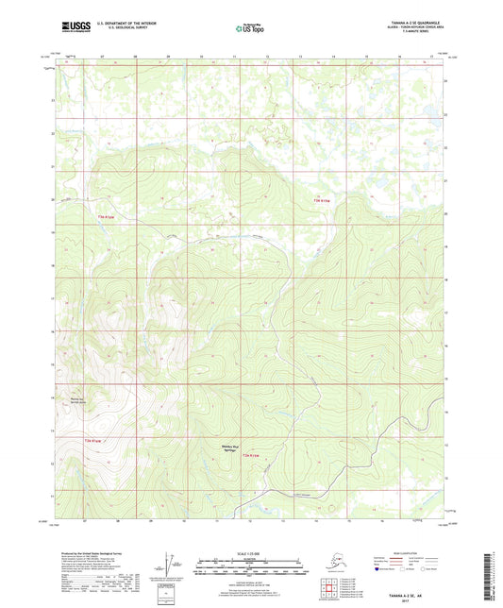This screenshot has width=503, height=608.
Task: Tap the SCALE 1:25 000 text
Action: coord(250,552)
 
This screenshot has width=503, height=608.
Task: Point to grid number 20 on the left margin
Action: coord(52,199)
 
